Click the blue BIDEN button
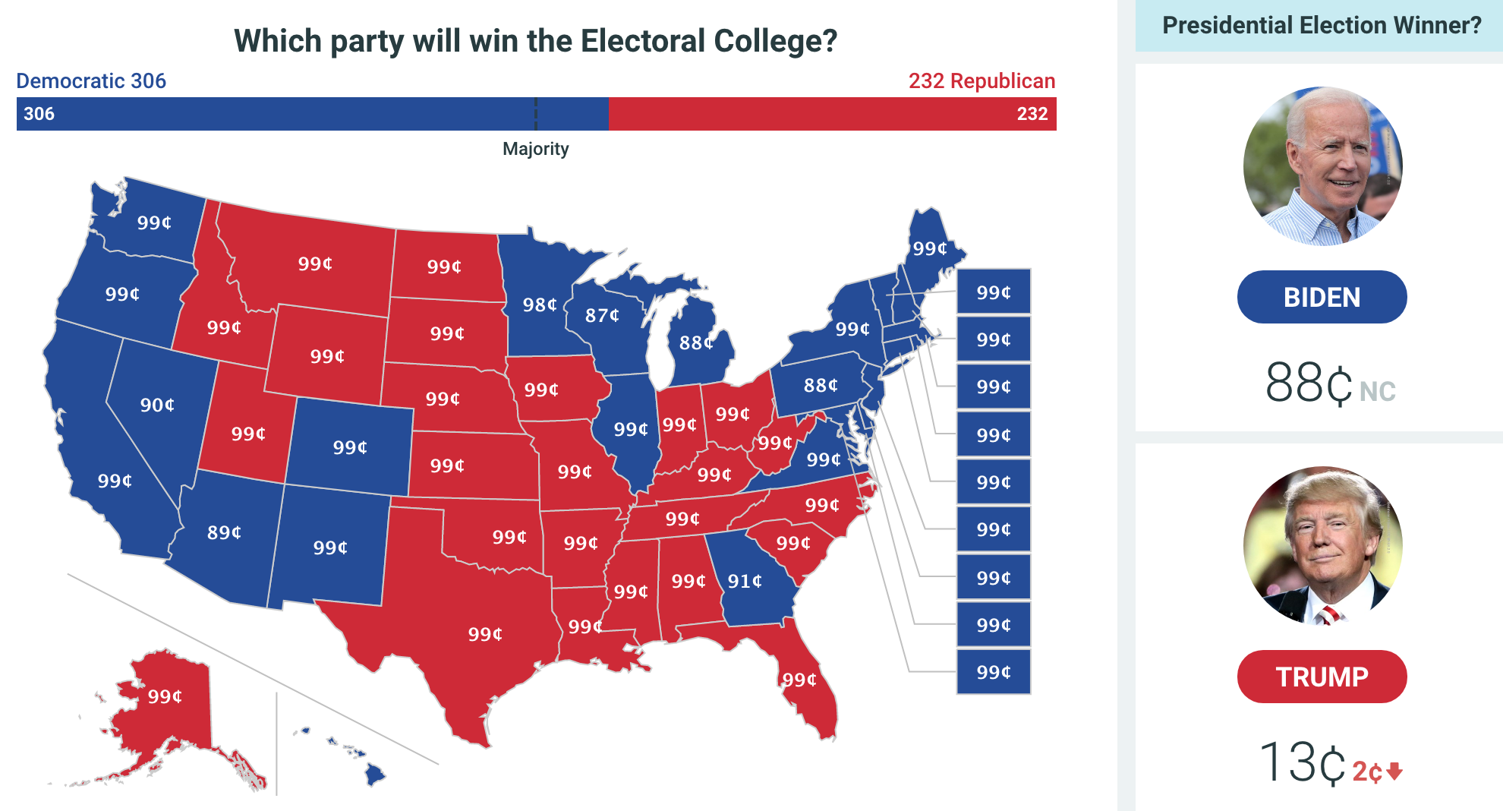pyautogui.click(x=1322, y=297)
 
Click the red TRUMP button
pyautogui.click(x=1322, y=677)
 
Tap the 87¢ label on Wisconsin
pyautogui.click(x=602, y=315)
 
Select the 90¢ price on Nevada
pyautogui.click(x=157, y=405)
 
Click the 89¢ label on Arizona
pyautogui.click(x=224, y=532)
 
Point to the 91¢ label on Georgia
pyautogui.click(x=745, y=581)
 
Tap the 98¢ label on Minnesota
pyautogui.click(x=540, y=305)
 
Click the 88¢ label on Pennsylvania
pyautogui.click(x=821, y=385)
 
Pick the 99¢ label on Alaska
pyautogui.click(x=165, y=696)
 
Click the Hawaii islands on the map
pyautogui.click(x=374, y=774)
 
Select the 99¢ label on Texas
pyautogui.click(x=485, y=634)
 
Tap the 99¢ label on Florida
pyautogui.click(x=799, y=680)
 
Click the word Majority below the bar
pyautogui.click(x=535, y=149)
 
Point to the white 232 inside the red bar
pyautogui.click(x=1032, y=114)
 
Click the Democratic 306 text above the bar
pyautogui.click(x=91, y=80)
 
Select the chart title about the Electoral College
pyautogui.click(x=535, y=41)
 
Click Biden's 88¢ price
pyautogui.click(x=1309, y=383)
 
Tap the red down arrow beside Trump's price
pyautogui.click(x=1394, y=772)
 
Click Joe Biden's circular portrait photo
pyautogui.click(x=1322, y=166)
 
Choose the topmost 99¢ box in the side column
pyautogui.click(x=993, y=292)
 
